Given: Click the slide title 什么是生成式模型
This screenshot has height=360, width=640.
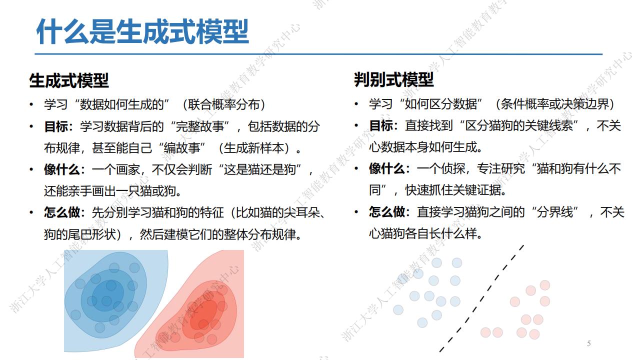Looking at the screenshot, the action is tap(142, 31).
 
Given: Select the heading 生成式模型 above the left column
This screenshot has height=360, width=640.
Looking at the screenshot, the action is tap(69, 80).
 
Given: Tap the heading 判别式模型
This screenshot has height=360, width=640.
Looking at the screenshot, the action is tap(393, 79).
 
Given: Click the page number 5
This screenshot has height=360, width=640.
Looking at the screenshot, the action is tap(589, 343).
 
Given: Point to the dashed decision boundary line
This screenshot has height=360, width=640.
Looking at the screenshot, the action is tap(481, 298).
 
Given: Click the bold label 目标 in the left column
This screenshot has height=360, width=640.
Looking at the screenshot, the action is tap(56, 126).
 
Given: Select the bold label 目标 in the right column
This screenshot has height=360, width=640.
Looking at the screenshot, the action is tap(381, 125).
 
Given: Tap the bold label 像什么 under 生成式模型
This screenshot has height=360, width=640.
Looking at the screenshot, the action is tap(62, 169).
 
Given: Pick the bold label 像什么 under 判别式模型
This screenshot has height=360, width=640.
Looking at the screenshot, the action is tap(387, 168).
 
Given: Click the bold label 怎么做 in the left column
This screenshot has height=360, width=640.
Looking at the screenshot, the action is tap(62, 212).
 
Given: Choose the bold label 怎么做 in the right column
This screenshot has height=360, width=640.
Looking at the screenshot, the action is tap(387, 211).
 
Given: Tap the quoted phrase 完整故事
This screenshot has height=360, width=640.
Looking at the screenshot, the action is tap(199, 126).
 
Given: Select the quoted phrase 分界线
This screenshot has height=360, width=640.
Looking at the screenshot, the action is tap(555, 211).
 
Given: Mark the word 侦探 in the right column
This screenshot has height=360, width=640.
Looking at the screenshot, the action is tap(453, 168).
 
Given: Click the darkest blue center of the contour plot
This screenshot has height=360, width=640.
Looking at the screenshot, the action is tap(108, 295).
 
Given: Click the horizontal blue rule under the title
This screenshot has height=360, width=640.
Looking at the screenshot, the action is tap(318, 54).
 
